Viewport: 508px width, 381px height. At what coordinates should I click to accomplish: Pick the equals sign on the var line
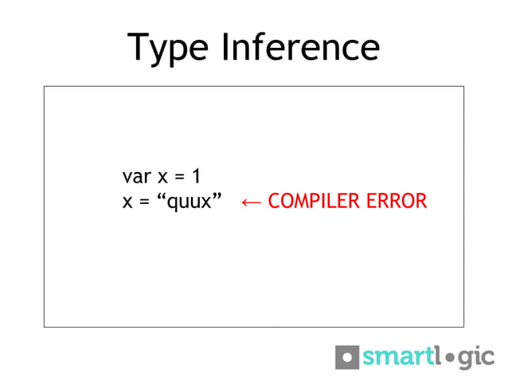point(180,175)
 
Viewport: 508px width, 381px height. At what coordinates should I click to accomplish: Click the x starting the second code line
point(127,201)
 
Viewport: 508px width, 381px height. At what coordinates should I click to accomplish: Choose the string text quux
point(192,202)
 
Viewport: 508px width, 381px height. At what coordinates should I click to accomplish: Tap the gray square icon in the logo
point(347,356)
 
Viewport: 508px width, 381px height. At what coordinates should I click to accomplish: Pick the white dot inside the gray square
point(347,356)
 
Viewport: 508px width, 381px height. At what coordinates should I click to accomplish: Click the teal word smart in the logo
point(396,357)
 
